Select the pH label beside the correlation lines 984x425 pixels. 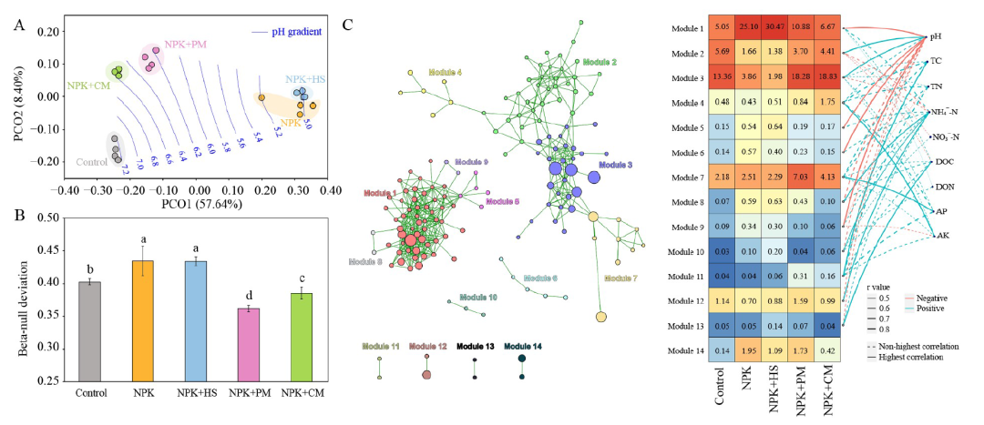tap(935, 37)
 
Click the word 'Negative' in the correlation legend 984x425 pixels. tap(933, 297)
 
